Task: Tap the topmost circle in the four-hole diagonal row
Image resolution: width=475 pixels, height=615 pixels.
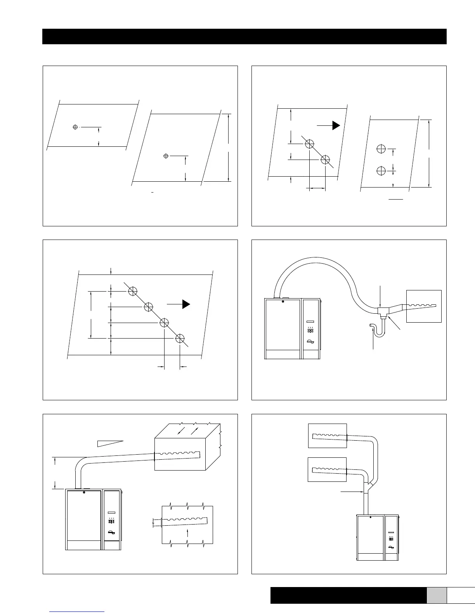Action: [133, 291]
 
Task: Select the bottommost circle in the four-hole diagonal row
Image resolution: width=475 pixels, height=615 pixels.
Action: [179, 338]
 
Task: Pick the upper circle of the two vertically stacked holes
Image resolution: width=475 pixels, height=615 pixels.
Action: [381, 149]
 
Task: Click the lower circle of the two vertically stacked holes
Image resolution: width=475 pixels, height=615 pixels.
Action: [381, 170]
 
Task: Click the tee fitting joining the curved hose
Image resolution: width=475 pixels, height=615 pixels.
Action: [383, 311]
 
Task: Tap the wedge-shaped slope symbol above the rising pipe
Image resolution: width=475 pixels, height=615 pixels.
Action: [110, 443]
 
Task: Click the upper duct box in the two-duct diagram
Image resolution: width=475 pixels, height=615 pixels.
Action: [327, 436]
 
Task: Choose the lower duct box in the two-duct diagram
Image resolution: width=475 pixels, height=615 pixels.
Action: [327, 469]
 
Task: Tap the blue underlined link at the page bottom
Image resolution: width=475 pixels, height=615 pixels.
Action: [78, 612]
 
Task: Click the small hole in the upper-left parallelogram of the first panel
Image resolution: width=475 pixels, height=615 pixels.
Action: [75, 127]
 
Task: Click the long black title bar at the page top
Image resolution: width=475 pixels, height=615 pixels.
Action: [244, 36]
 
